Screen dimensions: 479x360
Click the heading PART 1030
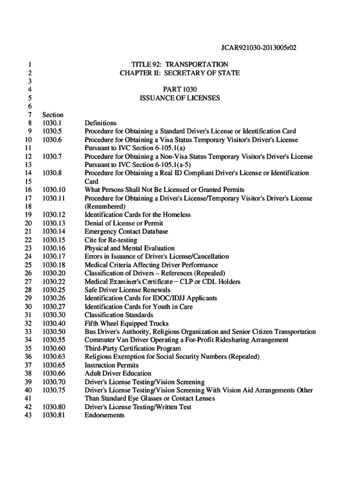coord(180,89)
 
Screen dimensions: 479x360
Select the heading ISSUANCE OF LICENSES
coord(180,98)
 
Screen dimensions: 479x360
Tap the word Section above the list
coord(52,115)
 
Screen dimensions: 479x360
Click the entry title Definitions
coord(101,123)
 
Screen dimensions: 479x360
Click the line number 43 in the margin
coord(28,415)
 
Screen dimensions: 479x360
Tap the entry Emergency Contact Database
coord(126,232)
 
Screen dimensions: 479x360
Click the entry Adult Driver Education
coord(118,373)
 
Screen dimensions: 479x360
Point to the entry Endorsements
coord(104,415)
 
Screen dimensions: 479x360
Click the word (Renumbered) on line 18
coord(105,206)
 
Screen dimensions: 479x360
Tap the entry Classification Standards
coord(119,315)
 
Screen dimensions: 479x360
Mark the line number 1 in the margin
coord(29,64)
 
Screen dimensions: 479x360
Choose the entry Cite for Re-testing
coord(111,240)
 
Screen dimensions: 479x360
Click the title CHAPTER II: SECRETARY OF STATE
coord(180,73)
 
